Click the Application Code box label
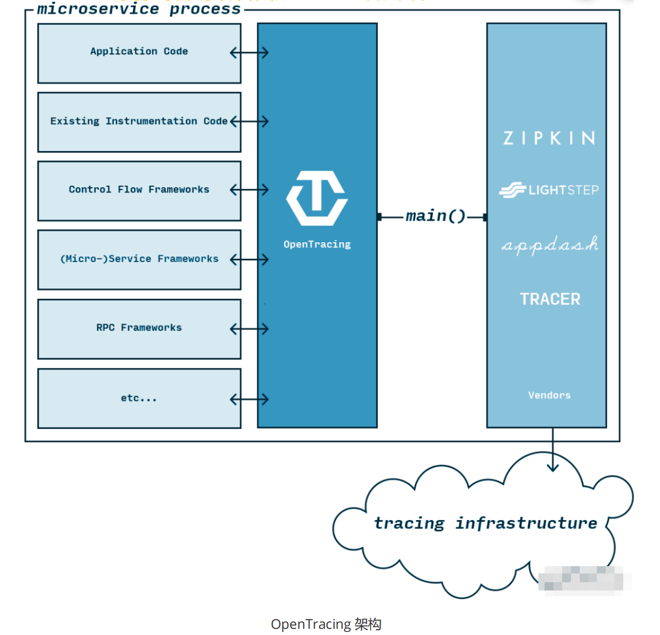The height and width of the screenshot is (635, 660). click(x=139, y=51)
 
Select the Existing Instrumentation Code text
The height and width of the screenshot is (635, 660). click(x=139, y=121)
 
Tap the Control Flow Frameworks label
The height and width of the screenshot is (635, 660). click(x=139, y=189)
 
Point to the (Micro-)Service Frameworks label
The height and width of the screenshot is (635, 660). click(x=139, y=259)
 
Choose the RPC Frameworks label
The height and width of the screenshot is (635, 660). click(x=139, y=328)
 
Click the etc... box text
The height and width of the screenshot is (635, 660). click(x=138, y=398)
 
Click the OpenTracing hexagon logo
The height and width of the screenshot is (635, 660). click(x=317, y=198)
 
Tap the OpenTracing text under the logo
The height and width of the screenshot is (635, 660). click(x=317, y=244)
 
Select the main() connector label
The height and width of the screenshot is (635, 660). click(x=435, y=216)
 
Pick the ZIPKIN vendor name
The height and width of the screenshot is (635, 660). click(x=549, y=138)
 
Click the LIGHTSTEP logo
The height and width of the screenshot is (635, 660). click(x=549, y=190)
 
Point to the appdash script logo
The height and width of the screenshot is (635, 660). click(x=550, y=245)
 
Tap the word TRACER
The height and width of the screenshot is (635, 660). click(x=550, y=299)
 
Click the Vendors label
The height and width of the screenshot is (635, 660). click(x=549, y=395)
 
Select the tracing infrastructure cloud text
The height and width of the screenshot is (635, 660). click(x=485, y=523)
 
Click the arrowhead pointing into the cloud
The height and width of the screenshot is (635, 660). click(x=553, y=467)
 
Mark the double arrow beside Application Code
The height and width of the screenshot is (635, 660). click(x=249, y=52)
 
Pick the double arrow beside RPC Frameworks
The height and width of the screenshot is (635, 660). click(x=249, y=329)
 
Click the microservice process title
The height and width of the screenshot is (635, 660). click(x=139, y=9)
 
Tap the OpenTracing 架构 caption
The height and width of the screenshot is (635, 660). click(x=326, y=624)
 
